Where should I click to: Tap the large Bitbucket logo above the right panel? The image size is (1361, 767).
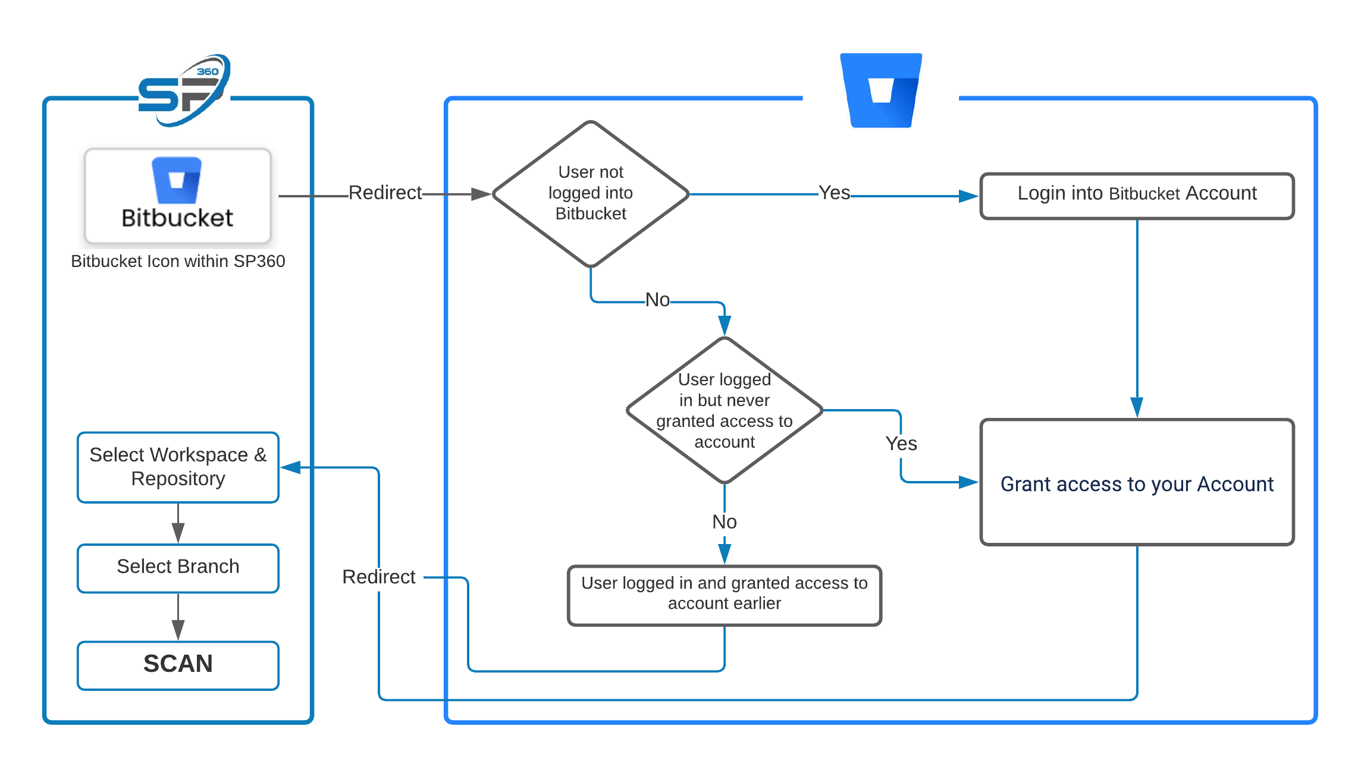[x=880, y=90]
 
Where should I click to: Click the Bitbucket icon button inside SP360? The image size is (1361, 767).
[x=178, y=196]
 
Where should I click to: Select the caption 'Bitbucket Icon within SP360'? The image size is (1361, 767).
[x=178, y=262]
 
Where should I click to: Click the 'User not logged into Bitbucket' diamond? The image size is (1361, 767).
[x=591, y=193]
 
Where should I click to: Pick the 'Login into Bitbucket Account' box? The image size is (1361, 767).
[x=1137, y=196]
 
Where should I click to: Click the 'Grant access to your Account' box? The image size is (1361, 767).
[x=1137, y=482]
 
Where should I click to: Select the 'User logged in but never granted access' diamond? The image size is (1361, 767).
[x=725, y=410]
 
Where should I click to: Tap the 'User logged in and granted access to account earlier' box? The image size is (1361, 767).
[x=725, y=594]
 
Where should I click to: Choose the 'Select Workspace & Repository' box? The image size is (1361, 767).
[x=178, y=467]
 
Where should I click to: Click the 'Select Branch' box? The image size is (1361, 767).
[x=178, y=567]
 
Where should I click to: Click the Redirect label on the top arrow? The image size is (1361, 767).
[x=385, y=193]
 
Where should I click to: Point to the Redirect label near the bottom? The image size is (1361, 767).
[x=379, y=577]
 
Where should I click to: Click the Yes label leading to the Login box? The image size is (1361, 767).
[x=834, y=193]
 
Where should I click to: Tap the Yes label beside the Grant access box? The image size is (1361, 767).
[x=901, y=444]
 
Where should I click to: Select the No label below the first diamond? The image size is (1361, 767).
[x=657, y=300]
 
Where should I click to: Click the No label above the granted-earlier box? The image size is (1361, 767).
[x=725, y=522]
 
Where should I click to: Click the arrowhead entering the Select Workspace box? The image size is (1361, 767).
[x=291, y=467]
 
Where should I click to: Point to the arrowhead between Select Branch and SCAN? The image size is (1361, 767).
[x=178, y=630]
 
